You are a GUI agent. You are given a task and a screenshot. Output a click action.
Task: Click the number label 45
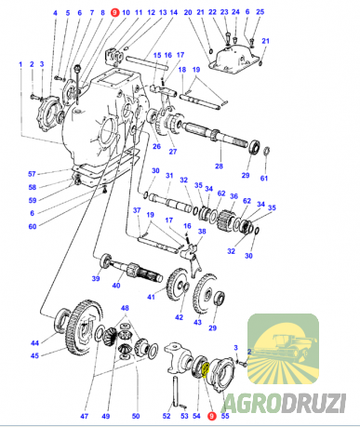pyautogui.click(x=34, y=355)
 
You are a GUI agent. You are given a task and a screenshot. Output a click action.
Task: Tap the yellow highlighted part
pyautogui.click(x=206, y=370)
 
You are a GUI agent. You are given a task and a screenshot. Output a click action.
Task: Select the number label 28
pyautogui.click(x=219, y=167)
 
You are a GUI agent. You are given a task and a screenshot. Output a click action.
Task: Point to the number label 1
pyautogui.click(x=20, y=64)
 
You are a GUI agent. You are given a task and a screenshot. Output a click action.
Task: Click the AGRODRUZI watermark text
pyautogui.click(x=284, y=403)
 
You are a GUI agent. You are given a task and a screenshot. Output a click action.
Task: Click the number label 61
pyautogui.click(x=264, y=179)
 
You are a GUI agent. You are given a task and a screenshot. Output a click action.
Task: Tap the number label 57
pyautogui.click(x=32, y=174)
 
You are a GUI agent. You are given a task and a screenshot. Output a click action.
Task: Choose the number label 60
pyautogui.click(x=33, y=227)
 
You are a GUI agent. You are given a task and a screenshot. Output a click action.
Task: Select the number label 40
pyautogui.click(x=116, y=285)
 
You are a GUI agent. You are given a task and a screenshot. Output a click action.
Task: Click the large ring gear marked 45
pyautogui.click(x=83, y=328)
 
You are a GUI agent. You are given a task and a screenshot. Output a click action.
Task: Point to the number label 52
pyautogui.click(x=167, y=416)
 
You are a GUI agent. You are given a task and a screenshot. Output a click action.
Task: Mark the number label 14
pyautogui.click(x=174, y=13)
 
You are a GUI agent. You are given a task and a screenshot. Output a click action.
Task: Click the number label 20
pyautogui.click(x=188, y=13)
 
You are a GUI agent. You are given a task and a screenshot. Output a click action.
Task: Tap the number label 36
pyautogui.click(x=233, y=196)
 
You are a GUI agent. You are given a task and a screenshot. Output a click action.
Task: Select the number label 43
pyautogui.click(x=197, y=323)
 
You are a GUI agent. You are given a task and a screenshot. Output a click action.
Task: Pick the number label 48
pyautogui.click(x=125, y=308)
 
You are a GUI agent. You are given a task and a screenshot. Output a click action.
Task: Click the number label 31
pyautogui.click(x=169, y=176)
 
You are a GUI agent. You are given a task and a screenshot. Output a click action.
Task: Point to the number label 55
pyautogui.click(x=225, y=416)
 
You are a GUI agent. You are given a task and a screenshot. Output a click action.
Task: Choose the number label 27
pyautogui.click(x=173, y=152)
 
